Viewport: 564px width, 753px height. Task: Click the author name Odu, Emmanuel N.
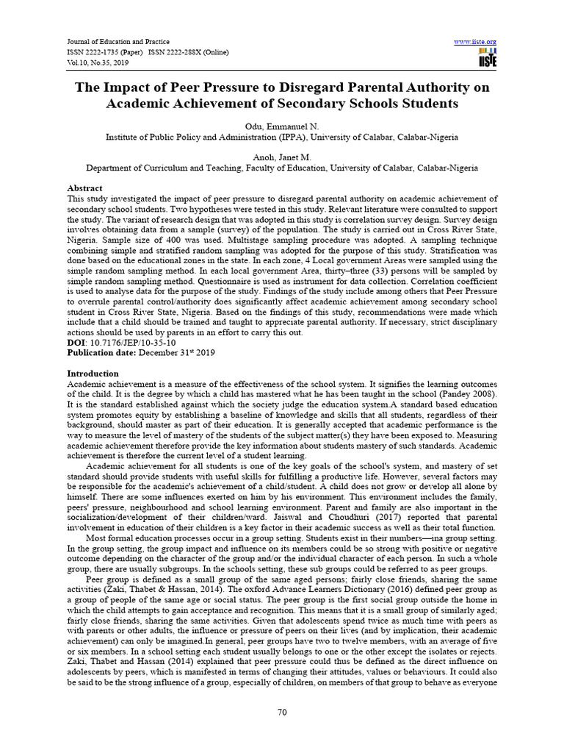pos(281,126)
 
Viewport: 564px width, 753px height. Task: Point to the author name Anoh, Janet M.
pos(281,157)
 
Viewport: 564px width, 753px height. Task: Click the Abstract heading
pos(84,188)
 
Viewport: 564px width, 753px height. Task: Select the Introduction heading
pos(93,374)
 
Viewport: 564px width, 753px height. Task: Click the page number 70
pos(281,711)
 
